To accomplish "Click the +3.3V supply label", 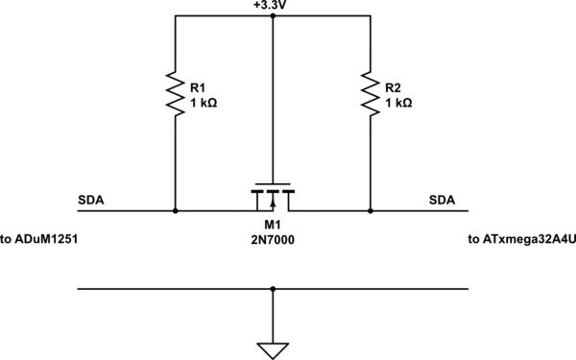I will (273, 7).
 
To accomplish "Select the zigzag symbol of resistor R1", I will (176, 93).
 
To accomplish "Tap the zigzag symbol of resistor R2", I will (371, 93).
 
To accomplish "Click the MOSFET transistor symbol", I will (274, 198).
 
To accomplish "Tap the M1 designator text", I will (274, 227).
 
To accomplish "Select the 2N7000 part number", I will (274, 241).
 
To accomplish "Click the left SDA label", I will (92, 201).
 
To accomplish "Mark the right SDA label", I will (442, 201).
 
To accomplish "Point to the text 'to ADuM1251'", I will (38, 239).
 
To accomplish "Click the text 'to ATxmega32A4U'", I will (518, 239).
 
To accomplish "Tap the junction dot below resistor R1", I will (176, 210).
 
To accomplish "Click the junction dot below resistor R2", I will (371, 210).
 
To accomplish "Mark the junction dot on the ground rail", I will (274, 288).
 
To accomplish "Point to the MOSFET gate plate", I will (274, 184).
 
